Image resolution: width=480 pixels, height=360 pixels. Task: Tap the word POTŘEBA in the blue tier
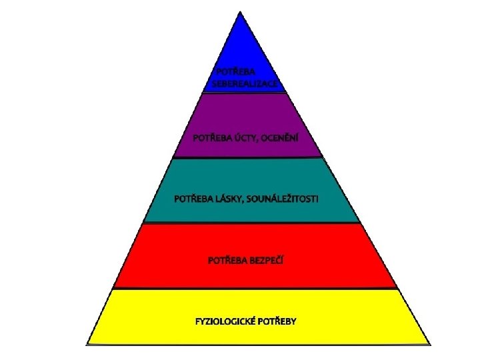pyautogui.click(x=234, y=71)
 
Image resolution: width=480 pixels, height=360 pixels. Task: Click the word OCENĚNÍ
pyautogui.click(x=280, y=139)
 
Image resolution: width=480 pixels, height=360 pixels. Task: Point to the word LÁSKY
pyautogui.click(x=231, y=199)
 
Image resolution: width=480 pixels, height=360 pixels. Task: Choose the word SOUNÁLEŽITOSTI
pyautogui.click(x=289, y=199)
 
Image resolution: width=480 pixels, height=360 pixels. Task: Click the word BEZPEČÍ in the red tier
pyautogui.click(x=267, y=259)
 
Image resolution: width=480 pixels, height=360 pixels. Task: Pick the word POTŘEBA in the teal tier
pyautogui.click(x=192, y=199)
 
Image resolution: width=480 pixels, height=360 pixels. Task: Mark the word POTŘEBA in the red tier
pyautogui.click(x=227, y=259)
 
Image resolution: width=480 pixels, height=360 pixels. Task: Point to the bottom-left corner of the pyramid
pyautogui.click(x=88, y=344)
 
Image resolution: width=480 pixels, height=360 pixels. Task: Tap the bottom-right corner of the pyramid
pyautogui.click(x=429, y=344)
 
